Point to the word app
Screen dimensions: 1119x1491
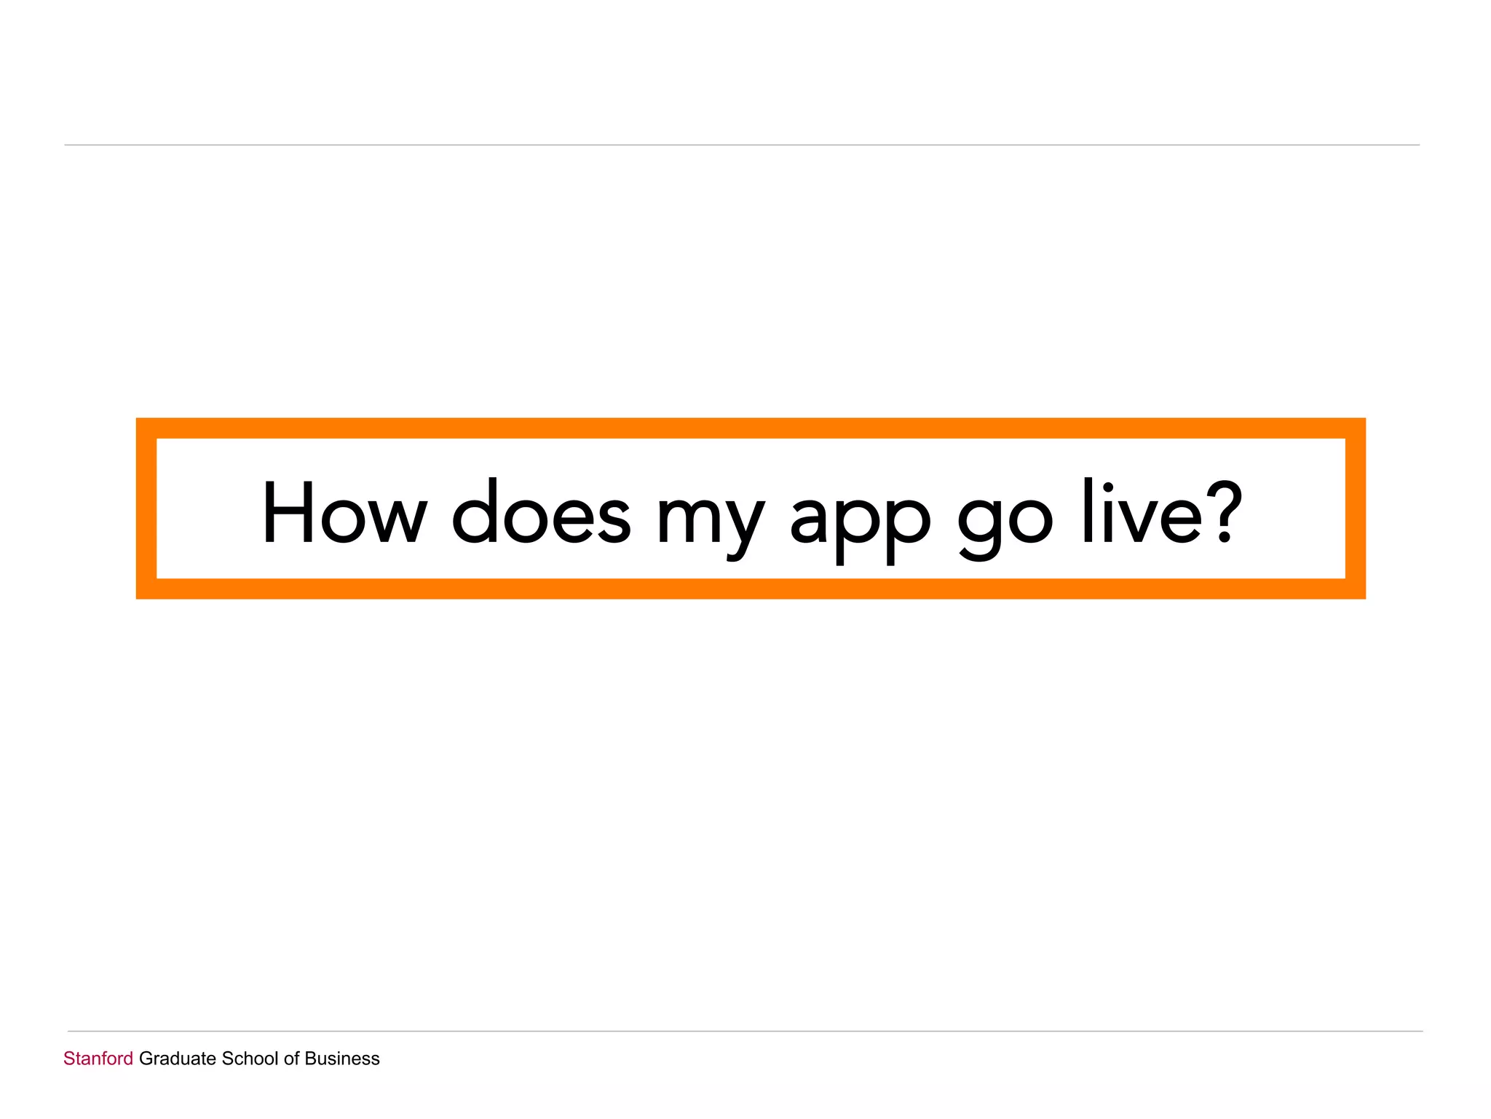tap(860, 521)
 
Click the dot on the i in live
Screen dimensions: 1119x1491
tap(1108, 487)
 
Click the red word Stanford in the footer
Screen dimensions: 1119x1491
tap(98, 1059)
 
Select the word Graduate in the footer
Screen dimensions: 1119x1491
tap(178, 1059)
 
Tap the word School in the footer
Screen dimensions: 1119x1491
tap(250, 1059)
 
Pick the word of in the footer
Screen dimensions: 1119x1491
tap(291, 1059)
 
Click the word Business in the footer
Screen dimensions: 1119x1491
tap(342, 1059)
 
